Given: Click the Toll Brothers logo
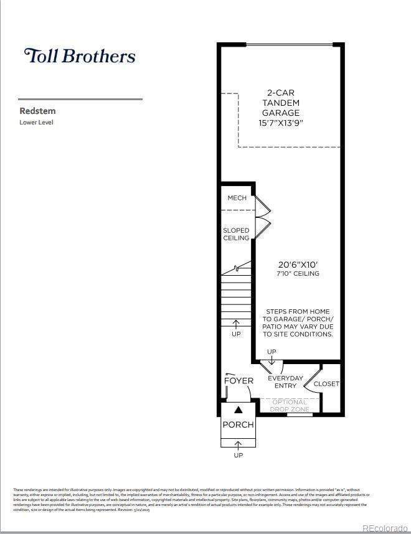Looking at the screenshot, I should pyautogui.click(x=79, y=55).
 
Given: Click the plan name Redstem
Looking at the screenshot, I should pyautogui.click(x=37, y=111).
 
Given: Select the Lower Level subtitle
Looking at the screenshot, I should pyautogui.click(x=37, y=123).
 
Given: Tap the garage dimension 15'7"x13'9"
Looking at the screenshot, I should pyautogui.click(x=281, y=123).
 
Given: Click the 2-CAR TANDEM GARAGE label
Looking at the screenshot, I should pyautogui.click(x=281, y=103).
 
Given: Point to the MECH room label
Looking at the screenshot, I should pyautogui.click(x=237, y=198).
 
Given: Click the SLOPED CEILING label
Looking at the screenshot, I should pyautogui.click(x=236, y=234).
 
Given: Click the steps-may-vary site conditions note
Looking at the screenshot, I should pyautogui.click(x=298, y=322).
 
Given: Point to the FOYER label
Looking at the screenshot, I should pyautogui.click(x=239, y=380).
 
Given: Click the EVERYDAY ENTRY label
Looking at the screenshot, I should pyautogui.click(x=285, y=382).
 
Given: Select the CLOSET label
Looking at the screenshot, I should pyautogui.click(x=326, y=384).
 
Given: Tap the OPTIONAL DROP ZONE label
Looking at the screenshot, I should pyautogui.click(x=290, y=406).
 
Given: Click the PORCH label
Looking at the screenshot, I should pyautogui.click(x=238, y=424).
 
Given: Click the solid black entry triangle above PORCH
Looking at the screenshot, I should pyautogui.click(x=238, y=410).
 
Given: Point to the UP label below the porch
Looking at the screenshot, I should pyautogui.click(x=238, y=455).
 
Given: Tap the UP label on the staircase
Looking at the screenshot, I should pyautogui.click(x=236, y=334).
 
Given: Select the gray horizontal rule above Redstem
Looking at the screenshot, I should pyautogui.click(x=80, y=99).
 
